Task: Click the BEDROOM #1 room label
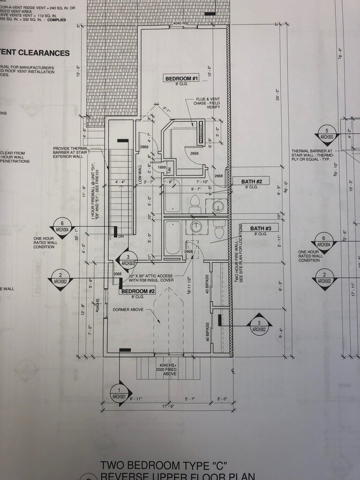click(x=181, y=79)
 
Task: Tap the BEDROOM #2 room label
click(x=138, y=292)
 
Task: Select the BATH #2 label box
click(x=251, y=181)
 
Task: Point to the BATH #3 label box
click(x=259, y=228)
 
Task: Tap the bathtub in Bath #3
click(x=172, y=238)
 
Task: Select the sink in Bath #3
click(x=196, y=227)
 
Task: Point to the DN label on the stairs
click(x=120, y=236)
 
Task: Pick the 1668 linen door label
click(x=162, y=167)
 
